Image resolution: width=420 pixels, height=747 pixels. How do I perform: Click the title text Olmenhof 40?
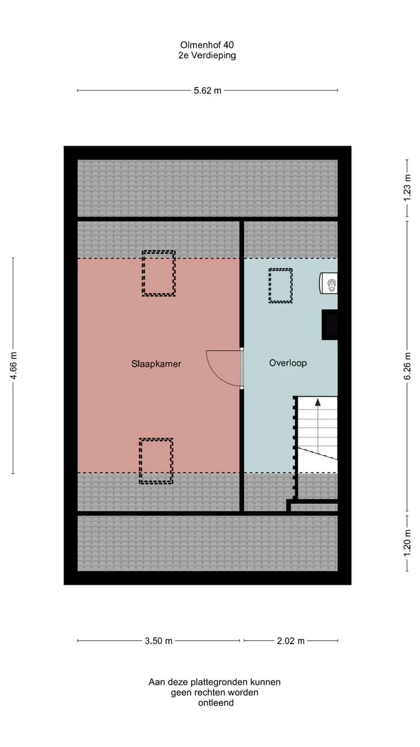[x=207, y=45]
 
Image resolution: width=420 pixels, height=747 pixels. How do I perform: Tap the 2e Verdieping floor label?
[x=207, y=55]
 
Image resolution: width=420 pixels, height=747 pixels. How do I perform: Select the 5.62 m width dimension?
[x=208, y=90]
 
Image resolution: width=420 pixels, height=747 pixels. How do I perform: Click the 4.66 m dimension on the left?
[x=13, y=365]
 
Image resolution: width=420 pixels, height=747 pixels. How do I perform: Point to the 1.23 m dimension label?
[x=407, y=188]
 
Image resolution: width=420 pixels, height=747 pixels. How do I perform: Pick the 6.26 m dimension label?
[x=407, y=366]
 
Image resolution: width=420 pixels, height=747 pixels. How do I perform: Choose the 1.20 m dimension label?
[x=407, y=543]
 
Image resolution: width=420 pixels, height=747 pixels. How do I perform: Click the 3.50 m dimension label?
[x=159, y=641]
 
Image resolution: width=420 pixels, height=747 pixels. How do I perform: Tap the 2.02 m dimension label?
[x=290, y=641]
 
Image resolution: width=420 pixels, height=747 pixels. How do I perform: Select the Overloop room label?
[x=288, y=363]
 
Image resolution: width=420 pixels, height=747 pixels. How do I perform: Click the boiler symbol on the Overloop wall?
[x=328, y=283]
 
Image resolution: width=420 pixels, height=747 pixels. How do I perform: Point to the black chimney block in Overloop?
[x=330, y=325]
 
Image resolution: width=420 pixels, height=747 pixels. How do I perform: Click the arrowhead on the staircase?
[x=318, y=402]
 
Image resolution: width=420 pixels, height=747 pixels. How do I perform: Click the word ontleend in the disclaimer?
[x=216, y=703]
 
